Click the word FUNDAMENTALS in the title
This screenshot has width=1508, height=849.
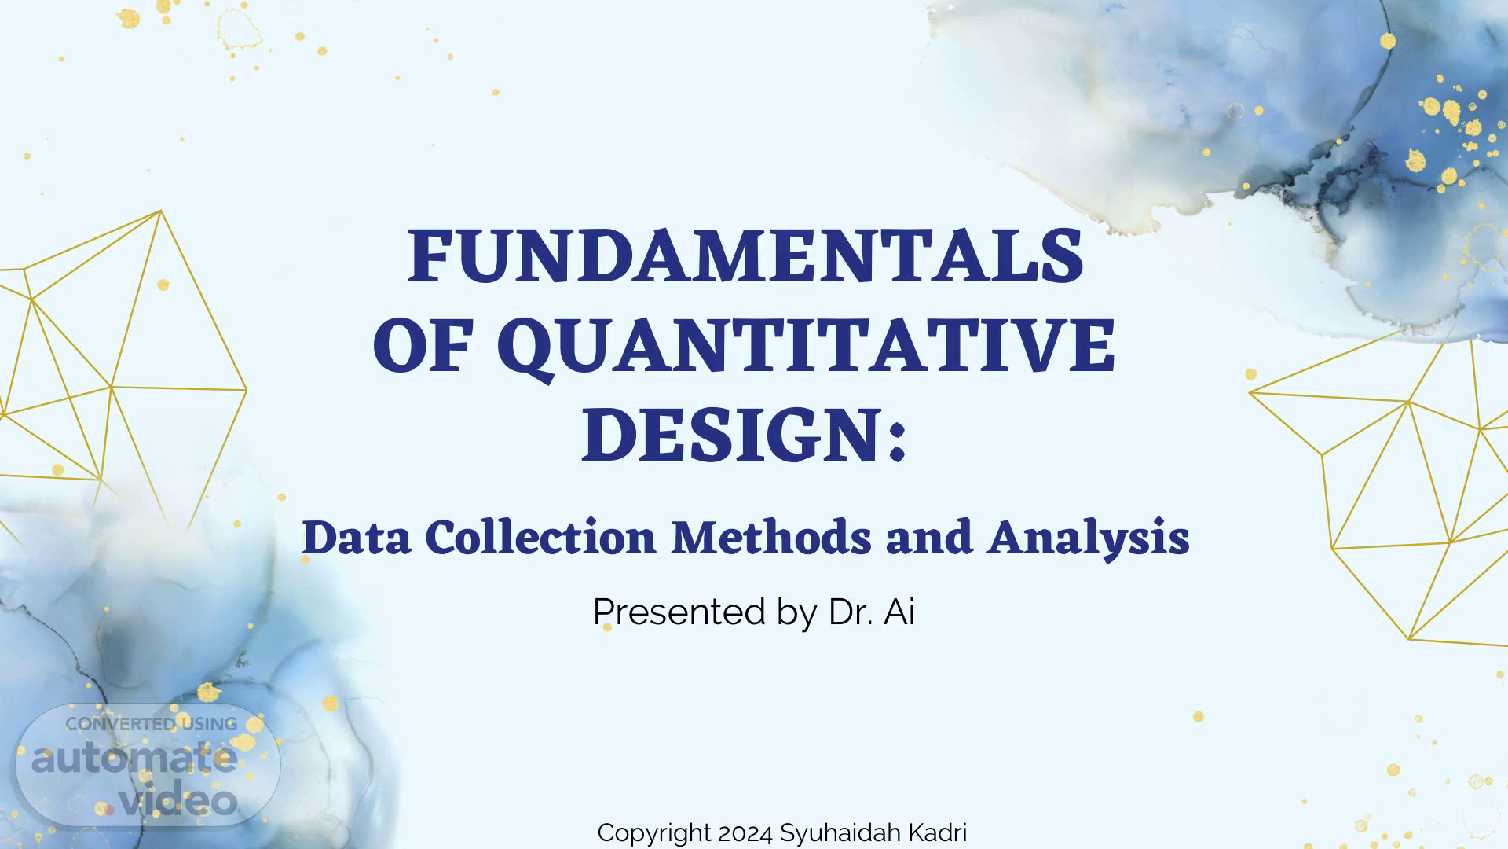(746, 256)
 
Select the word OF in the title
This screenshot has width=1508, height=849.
(425, 347)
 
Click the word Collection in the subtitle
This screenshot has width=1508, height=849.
(540, 538)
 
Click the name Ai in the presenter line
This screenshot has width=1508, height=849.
(899, 612)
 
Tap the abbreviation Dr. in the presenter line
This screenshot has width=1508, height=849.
(850, 612)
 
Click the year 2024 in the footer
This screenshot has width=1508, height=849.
(745, 832)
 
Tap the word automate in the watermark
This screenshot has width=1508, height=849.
(134, 759)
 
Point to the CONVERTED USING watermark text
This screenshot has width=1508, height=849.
(151, 724)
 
